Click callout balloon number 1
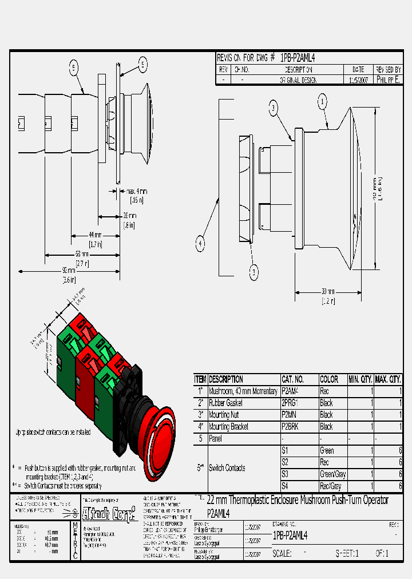(x=323, y=102)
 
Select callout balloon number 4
(x=200, y=244)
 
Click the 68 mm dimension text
(x=82, y=254)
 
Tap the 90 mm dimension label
(x=69, y=270)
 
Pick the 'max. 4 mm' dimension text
(x=137, y=191)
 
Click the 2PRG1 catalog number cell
(x=291, y=403)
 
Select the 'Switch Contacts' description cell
(x=227, y=468)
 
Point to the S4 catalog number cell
(x=284, y=486)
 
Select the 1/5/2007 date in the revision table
(x=358, y=81)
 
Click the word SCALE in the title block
(x=282, y=554)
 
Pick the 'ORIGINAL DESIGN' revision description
(x=298, y=81)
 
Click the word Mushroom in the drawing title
(x=318, y=501)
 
